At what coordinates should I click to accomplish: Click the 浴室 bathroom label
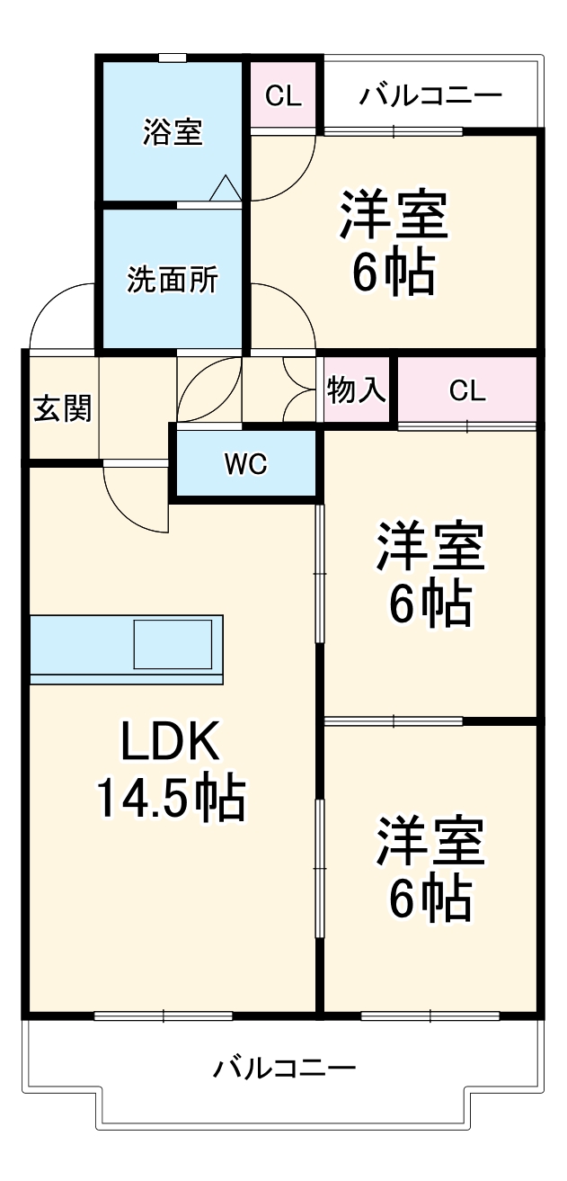point(172,132)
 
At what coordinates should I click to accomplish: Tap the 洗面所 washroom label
point(172,280)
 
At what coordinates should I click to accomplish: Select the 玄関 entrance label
point(63,409)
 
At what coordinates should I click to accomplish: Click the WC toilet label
point(245,465)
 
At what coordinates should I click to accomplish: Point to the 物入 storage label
point(357,390)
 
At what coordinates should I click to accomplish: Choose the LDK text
point(170,743)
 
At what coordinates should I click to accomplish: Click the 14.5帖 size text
point(170,798)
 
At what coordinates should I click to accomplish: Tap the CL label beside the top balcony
point(283,96)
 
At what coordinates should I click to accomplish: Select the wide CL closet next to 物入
point(466,390)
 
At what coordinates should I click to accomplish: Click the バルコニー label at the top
point(430,96)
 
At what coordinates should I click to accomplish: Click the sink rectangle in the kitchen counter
point(176,644)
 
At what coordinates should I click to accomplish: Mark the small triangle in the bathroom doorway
point(225,189)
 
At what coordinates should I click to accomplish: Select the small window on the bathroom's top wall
point(173,58)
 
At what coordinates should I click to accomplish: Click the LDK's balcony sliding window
point(163,1016)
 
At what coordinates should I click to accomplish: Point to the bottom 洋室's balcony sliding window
point(430,1016)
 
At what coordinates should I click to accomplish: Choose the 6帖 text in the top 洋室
point(393,273)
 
